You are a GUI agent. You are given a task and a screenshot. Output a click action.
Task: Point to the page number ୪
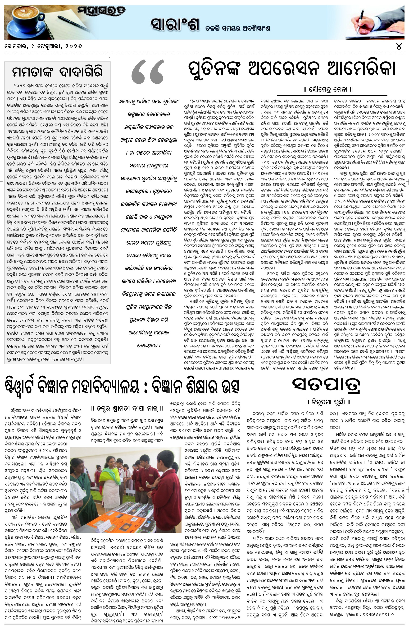click(399, 46)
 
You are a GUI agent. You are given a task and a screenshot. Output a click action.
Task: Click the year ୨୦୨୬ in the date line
click(73, 46)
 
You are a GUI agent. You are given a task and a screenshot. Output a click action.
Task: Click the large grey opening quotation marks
click(148, 72)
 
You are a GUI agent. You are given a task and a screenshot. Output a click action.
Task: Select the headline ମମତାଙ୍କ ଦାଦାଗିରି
click(57, 72)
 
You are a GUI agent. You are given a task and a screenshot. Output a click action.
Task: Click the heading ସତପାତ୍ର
click(326, 385)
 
